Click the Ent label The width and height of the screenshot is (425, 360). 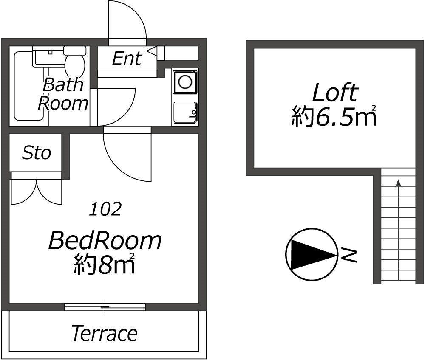pyautogui.click(x=126, y=59)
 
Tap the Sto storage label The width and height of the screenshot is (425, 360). pyautogui.click(x=37, y=153)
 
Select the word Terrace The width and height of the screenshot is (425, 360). pyautogui.click(x=104, y=334)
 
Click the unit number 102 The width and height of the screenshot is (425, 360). pyautogui.click(x=105, y=209)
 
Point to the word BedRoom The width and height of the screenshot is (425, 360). pyautogui.click(x=105, y=241)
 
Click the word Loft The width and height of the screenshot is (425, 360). pyautogui.click(x=335, y=93)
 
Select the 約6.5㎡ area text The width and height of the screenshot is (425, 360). pyautogui.click(x=334, y=117)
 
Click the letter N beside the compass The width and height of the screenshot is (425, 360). pyautogui.click(x=348, y=255)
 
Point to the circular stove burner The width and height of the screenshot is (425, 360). pyautogui.click(x=185, y=82)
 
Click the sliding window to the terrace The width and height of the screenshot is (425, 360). pyautogui.click(x=105, y=307)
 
